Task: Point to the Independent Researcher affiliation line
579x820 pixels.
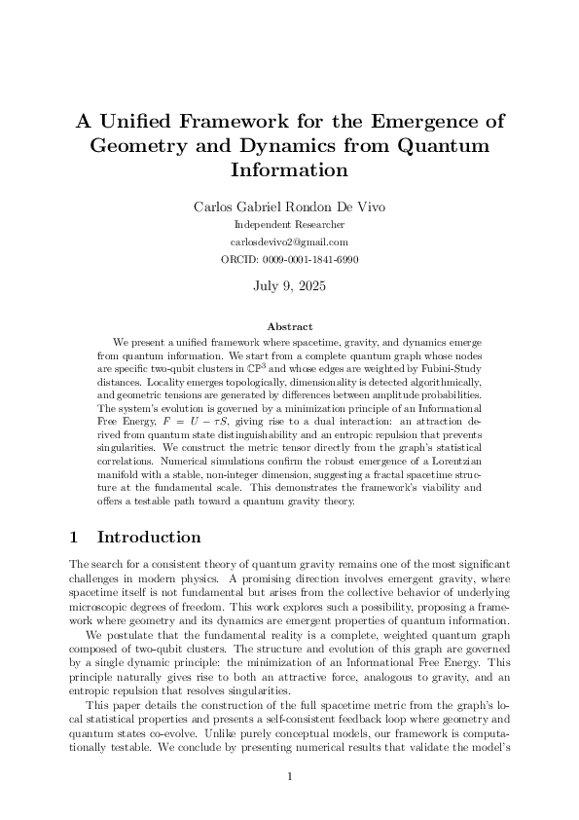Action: click(x=289, y=225)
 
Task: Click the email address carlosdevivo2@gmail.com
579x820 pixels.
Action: click(x=289, y=242)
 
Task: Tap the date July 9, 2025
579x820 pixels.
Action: click(x=289, y=286)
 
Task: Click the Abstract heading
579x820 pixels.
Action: click(x=289, y=327)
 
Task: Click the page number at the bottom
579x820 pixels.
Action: click(x=289, y=776)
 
